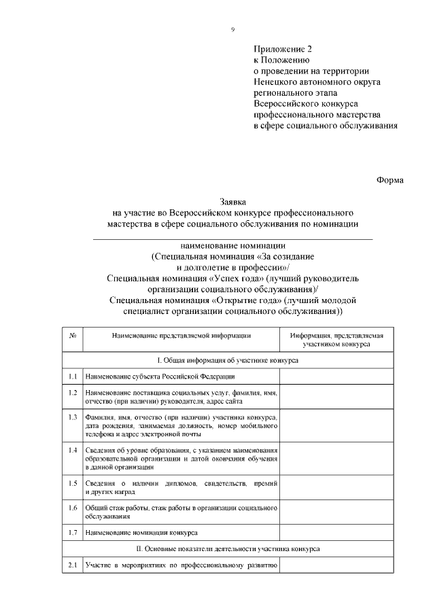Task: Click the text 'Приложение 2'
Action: click(285, 50)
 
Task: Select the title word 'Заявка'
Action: click(232, 201)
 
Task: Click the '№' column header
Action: click(72, 336)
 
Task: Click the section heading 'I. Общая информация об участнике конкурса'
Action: click(232, 361)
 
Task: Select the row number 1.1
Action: click(72, 376)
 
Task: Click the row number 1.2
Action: click(72, 393)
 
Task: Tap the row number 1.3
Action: click(72, 416)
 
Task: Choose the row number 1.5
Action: click(72, 483)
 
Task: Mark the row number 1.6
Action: click(72, 508)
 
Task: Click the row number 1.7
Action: click(72, 531)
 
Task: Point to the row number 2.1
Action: click(72, 565)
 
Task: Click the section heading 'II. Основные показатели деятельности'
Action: click(232, 548)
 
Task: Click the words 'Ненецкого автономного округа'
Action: click(317, 82)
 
